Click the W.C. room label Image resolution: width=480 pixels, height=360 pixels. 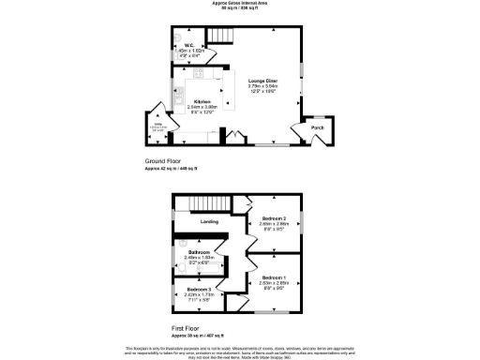[x=188, y=45]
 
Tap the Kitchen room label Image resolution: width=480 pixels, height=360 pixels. [x=201, y=101]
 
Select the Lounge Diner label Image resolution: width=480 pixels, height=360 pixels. [x=262, y=81]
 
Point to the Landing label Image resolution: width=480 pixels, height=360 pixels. [x=210, y=221]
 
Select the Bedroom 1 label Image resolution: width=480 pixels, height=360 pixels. [x=274, y=277]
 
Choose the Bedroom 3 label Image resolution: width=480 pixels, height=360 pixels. [x=198, y=289]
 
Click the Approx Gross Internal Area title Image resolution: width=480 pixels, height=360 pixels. [x=240, y=4]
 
